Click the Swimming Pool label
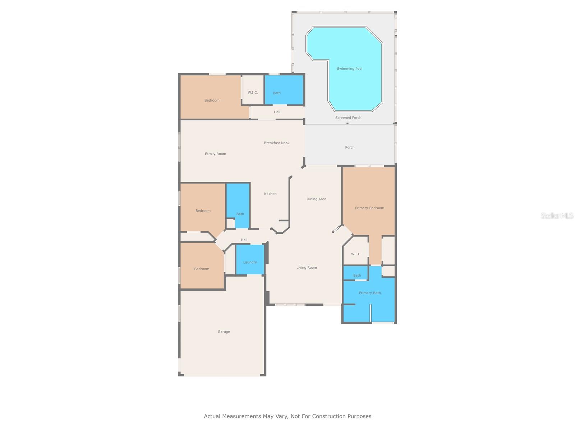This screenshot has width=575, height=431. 349,69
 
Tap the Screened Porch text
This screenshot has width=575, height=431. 348,118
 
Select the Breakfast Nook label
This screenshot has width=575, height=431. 277,143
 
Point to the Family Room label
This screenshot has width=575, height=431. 215,154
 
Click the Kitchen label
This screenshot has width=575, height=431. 270,194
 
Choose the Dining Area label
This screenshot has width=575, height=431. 316,199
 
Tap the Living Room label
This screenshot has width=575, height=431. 307,268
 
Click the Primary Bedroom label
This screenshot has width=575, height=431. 369,208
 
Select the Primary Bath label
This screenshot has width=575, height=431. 370,293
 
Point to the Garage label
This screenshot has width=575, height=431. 224,332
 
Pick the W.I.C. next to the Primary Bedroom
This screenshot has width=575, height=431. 356,254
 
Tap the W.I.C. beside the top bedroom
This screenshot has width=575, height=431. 253,93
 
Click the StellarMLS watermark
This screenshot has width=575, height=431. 557,215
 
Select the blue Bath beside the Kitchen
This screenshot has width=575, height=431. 240,214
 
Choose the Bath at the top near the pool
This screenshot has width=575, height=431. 277,93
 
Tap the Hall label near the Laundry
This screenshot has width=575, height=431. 244,240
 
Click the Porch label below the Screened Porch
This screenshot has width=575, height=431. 350,147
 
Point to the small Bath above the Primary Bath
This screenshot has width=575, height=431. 357,275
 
